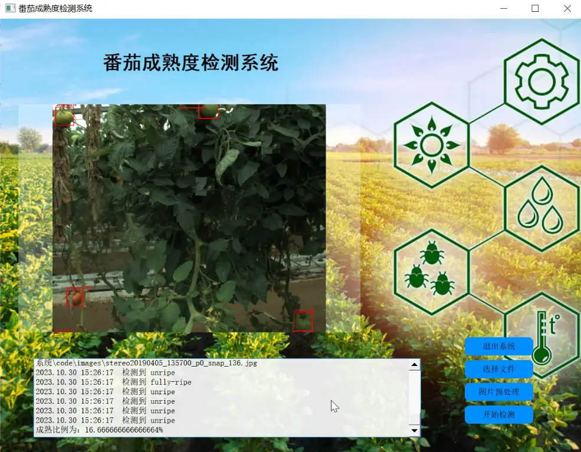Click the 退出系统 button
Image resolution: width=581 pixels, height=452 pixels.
[498, 347]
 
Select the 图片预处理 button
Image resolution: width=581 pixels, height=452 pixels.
[498, 392]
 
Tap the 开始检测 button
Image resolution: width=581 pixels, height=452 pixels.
[498, 414]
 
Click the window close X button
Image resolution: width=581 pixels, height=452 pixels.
[567, 9]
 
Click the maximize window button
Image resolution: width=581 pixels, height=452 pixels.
[535, 9]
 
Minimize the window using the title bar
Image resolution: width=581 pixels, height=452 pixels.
[504, 9]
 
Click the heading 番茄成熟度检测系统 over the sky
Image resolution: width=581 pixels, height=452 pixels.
[191, 63]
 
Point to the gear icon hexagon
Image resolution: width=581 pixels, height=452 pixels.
[541, 81]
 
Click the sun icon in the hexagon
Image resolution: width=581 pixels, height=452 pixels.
[432, 145]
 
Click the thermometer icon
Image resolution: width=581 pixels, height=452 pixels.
[542, 339]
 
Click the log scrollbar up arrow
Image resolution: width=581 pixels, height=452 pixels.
[415, 365]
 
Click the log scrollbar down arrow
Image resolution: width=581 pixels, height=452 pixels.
[415, 431]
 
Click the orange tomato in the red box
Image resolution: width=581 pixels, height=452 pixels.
[75, 298]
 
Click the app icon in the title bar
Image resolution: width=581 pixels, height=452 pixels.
[10, 9]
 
